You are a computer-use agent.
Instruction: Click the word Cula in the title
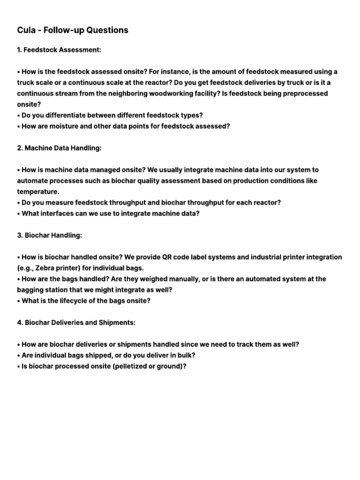click(27, 30)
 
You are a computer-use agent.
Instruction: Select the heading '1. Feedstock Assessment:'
click(59, 50)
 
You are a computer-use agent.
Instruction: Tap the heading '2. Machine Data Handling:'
click(59, 148)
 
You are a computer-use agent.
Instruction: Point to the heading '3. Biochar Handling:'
click(49, 235)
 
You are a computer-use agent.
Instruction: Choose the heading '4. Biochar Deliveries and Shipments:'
click(76, 322)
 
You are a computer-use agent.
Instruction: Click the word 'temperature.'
click(37, 192)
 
